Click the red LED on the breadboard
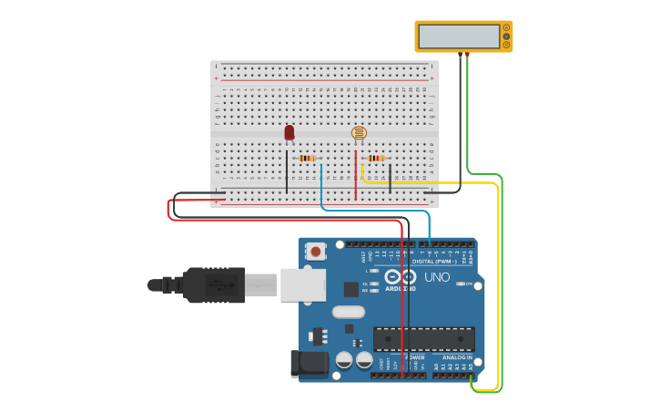click(x=289, y=132)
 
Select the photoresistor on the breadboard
click(x=359, y=133)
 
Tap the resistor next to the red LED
click(x=308, y=158)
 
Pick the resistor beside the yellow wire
click(x=376, y=158)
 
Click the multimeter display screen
click(x=457, y=36)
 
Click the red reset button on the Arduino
click(x=316, y=251)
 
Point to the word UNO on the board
click(x=438, y=276)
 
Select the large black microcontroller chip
click(x=423, y=339)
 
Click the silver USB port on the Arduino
click(x=302, y=284)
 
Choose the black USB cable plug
click(x=214, y=284)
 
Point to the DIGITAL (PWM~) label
click(x=434, y=261)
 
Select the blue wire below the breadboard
click(x=373, y=211)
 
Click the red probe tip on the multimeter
click(x=468, y=55)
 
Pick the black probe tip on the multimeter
click(x=460, y=55)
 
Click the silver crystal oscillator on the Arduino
click(x=348, y=312)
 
